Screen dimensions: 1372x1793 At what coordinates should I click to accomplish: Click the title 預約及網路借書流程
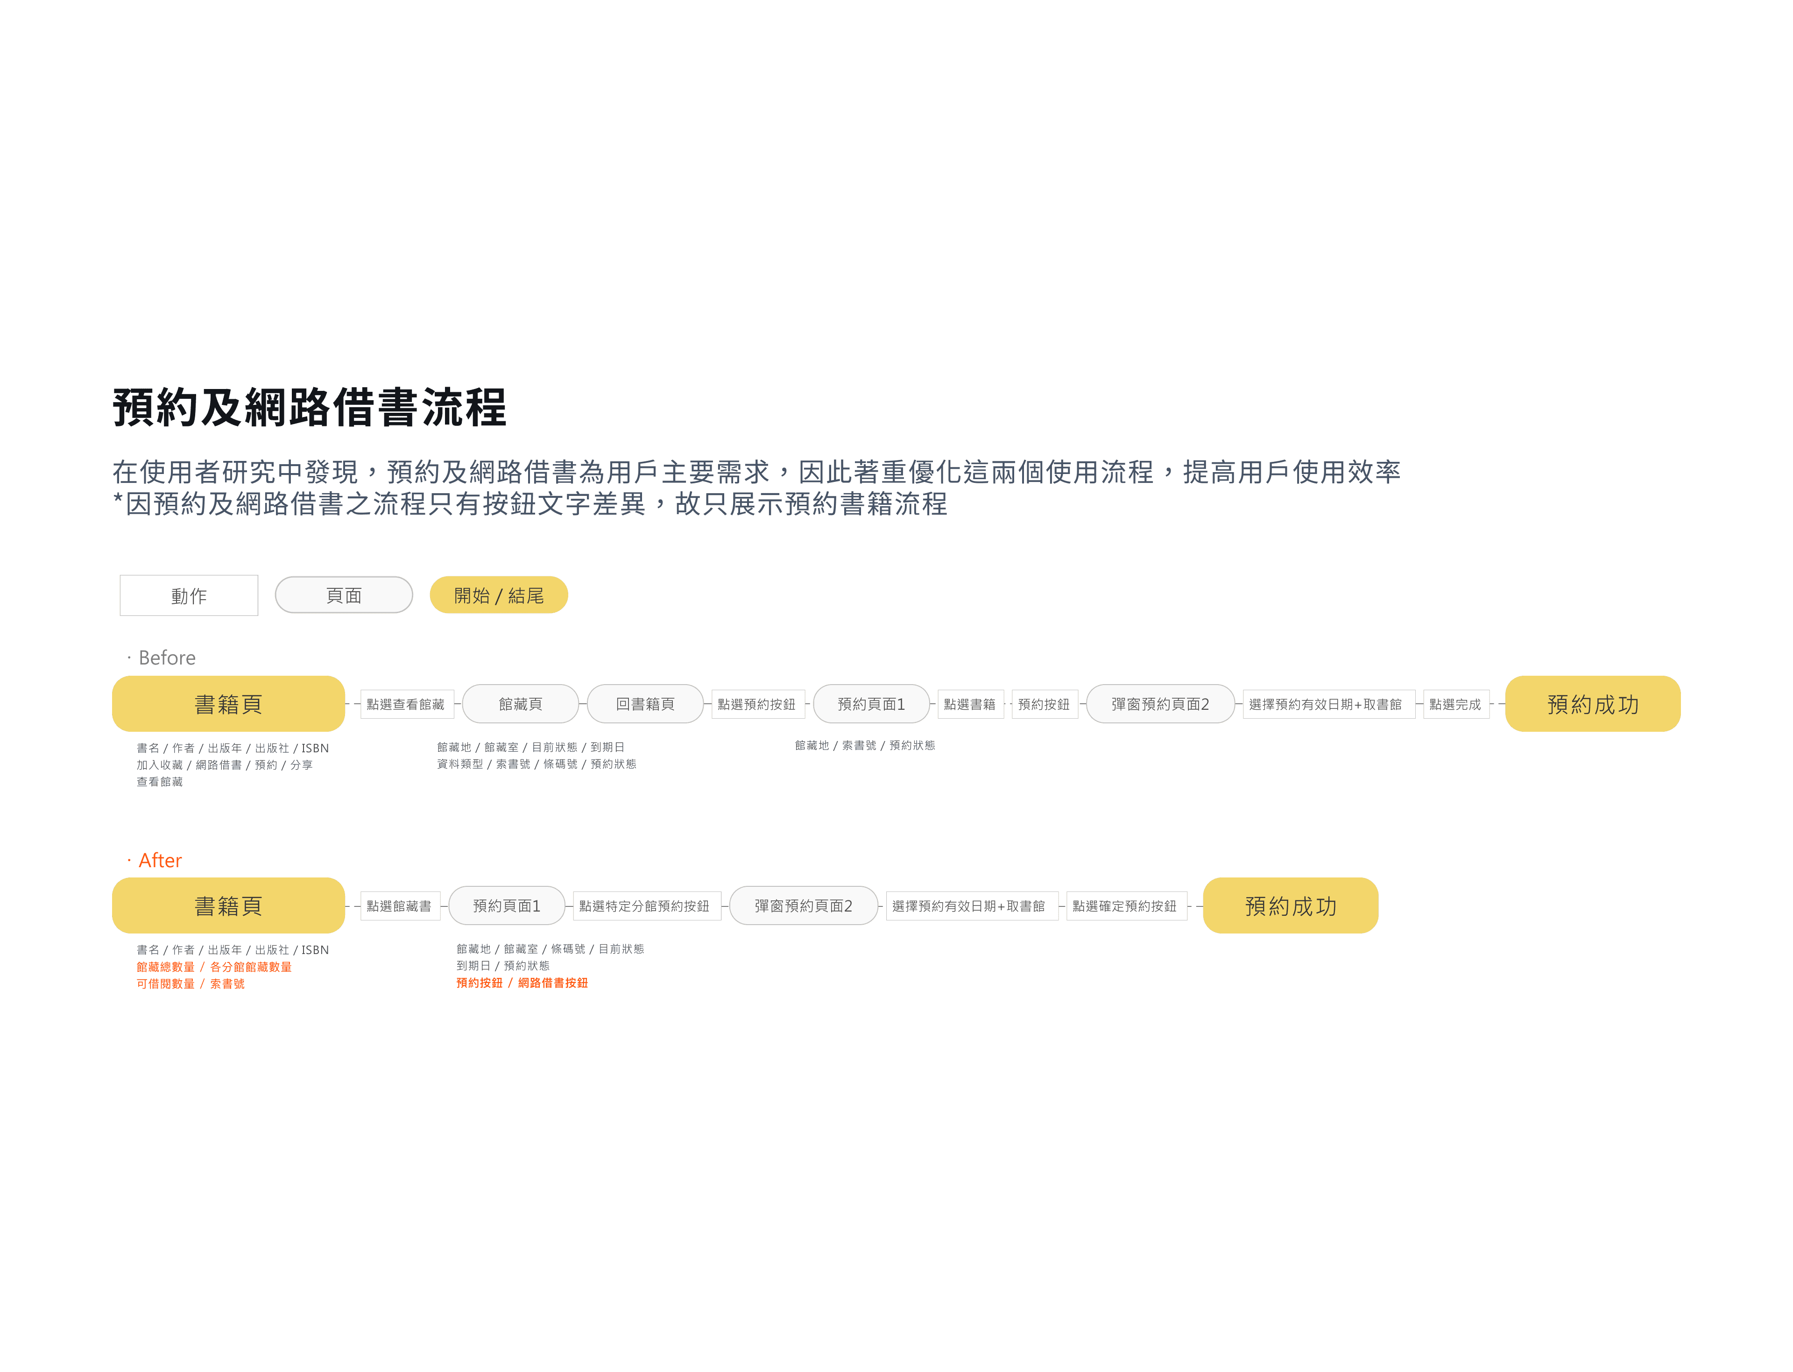(x=310, y=408)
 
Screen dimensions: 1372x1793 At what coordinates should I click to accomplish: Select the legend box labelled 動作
(x=189, y=595)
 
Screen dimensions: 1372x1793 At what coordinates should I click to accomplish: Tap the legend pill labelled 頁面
(x=344, y=595)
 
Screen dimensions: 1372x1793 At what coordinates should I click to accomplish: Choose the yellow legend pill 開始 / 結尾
(x=499, y=595)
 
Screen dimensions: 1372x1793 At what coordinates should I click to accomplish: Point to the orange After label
(x=160, y=860)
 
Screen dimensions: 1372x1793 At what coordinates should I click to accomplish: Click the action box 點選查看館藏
(x=406, y=704)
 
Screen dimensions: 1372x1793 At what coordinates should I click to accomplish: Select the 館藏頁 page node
(x=520, y=704)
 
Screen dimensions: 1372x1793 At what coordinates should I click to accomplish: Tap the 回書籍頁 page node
(x=645, y=704)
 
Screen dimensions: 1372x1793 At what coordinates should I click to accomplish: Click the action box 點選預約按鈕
(x=757, y=704)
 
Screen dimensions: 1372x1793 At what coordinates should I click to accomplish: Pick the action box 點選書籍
(x=970, y=704)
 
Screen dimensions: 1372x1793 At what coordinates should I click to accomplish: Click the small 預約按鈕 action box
(x=1045, y=704)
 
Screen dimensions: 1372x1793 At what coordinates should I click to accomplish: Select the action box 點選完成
(x=1456, y=704)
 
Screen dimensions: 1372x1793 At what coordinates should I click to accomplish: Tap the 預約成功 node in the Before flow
(x=1592, y=704)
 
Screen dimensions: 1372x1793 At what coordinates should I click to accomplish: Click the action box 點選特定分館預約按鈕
(x=645, y=905)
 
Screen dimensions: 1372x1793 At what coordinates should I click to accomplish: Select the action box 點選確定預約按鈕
(x=1125, y=905)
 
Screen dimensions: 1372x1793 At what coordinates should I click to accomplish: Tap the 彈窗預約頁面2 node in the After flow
(x=804, y=905)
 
